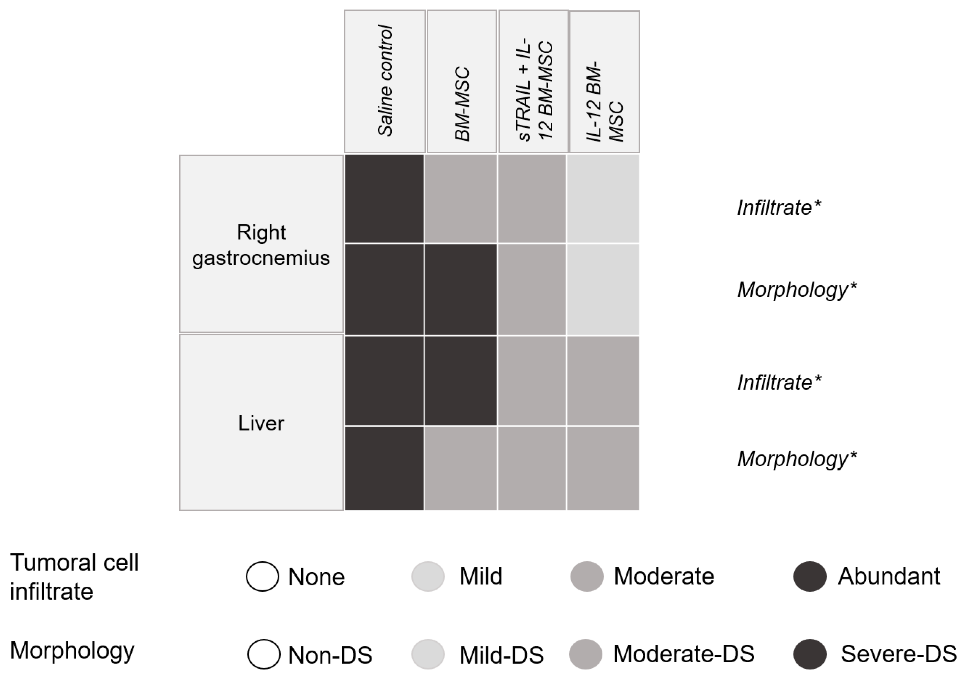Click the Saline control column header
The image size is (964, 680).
point(384,81)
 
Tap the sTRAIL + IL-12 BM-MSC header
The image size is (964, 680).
point(533,81)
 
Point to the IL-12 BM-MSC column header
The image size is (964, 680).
point(604,81)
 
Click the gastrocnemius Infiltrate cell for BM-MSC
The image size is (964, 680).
point(460,199)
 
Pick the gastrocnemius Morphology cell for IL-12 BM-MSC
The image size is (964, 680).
point(603,289)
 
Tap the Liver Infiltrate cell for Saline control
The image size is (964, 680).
point(384,381)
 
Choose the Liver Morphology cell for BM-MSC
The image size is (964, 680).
point(460,468)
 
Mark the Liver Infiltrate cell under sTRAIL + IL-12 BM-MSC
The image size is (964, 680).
point(532,381)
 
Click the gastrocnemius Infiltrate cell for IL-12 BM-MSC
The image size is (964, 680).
point(603,199)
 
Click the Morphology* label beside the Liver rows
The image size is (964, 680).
point(797,459)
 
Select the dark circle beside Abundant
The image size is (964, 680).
point(810,576)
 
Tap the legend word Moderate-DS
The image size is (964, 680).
point(684,654)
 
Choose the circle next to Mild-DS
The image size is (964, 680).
point(428,654)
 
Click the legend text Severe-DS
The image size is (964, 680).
point(898,654)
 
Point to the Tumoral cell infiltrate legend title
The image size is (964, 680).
point(74,577)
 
